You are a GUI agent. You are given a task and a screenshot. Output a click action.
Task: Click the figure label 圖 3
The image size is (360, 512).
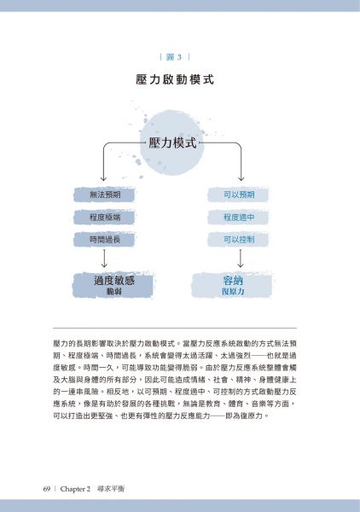[175, 57]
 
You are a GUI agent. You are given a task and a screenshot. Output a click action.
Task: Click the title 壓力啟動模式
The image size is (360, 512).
[175, 79]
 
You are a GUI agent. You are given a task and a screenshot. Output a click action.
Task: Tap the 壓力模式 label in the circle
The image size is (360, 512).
[172, 143]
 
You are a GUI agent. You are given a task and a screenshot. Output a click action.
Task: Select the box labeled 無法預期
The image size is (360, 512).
[104, 195]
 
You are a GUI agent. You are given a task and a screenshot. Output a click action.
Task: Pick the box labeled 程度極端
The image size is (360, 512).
[104, 217]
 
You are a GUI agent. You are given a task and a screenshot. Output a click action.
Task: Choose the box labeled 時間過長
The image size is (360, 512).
[104, 240]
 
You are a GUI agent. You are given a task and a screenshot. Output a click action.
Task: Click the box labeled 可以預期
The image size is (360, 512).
[238, 195]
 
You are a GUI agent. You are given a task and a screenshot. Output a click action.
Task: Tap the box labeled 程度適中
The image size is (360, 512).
[238, 217]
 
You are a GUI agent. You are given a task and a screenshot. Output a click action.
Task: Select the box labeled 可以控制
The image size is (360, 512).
[238, 240]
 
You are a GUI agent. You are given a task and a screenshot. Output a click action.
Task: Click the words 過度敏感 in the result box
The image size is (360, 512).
[114, 281]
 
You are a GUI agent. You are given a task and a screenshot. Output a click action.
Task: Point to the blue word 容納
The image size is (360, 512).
[233, 281]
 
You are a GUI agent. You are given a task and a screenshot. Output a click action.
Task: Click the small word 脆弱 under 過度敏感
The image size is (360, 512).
[114, 291]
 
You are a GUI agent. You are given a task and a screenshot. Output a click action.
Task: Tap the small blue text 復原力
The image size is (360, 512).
[233, 291]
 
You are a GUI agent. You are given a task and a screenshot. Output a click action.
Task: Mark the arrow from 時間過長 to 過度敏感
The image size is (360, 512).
[104, 259]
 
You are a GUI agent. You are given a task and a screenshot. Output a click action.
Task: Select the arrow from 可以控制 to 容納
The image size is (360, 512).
[241, 259]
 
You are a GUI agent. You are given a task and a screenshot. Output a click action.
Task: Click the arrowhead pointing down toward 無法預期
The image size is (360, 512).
[103, 178]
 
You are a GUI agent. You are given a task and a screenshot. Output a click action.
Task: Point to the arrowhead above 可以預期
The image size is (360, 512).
[241, 178]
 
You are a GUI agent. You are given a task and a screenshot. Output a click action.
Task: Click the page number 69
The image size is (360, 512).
[47, 489]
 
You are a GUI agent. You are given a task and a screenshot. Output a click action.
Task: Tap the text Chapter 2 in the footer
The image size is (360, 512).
[75, 489]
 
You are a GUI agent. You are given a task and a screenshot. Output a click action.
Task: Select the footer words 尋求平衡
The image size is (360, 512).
[111, 489]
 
